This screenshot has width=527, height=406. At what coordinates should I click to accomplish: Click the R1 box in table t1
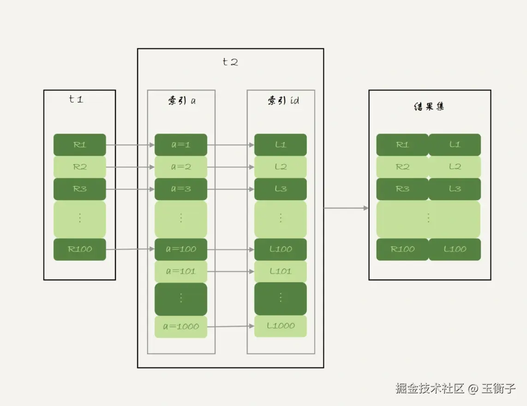79,145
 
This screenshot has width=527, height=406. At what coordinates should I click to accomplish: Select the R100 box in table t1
79,249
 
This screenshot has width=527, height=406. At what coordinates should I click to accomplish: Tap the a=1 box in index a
180,145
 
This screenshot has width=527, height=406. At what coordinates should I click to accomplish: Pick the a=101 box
180,271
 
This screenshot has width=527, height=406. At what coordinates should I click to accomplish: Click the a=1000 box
180,327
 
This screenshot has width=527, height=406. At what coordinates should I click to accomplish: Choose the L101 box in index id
280,271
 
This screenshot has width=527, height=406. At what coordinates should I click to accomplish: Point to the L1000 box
280,326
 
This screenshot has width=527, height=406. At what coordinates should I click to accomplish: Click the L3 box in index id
280,189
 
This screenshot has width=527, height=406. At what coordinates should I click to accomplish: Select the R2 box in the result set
402,167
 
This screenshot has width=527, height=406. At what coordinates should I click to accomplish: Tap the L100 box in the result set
455,249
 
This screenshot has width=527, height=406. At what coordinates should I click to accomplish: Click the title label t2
230,62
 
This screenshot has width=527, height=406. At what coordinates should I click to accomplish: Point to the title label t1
76,99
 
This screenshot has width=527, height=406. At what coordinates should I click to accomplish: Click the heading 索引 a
181,101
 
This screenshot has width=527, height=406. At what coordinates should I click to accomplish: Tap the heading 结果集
429,107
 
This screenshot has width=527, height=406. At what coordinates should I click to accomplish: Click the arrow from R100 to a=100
130,250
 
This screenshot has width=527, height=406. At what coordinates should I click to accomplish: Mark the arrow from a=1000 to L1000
231,327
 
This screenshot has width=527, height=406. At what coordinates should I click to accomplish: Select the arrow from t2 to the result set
346,208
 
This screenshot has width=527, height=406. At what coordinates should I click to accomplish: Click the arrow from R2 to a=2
130,167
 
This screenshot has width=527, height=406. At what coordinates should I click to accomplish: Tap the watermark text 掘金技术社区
429,388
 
